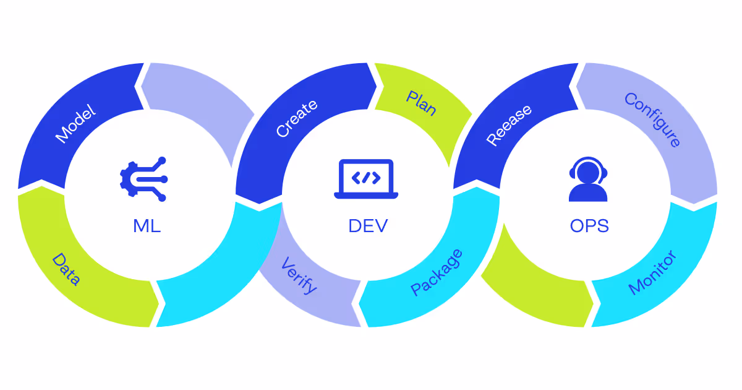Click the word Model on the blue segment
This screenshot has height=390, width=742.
76,124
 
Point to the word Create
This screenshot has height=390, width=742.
297,118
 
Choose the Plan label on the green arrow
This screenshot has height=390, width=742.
422,103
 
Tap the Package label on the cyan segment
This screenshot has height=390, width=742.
437,272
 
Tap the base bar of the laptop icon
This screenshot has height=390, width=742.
366,196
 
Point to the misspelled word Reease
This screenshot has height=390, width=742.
509,125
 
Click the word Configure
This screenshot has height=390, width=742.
653,120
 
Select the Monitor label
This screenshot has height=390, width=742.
653,272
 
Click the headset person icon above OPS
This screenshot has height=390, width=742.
588,180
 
